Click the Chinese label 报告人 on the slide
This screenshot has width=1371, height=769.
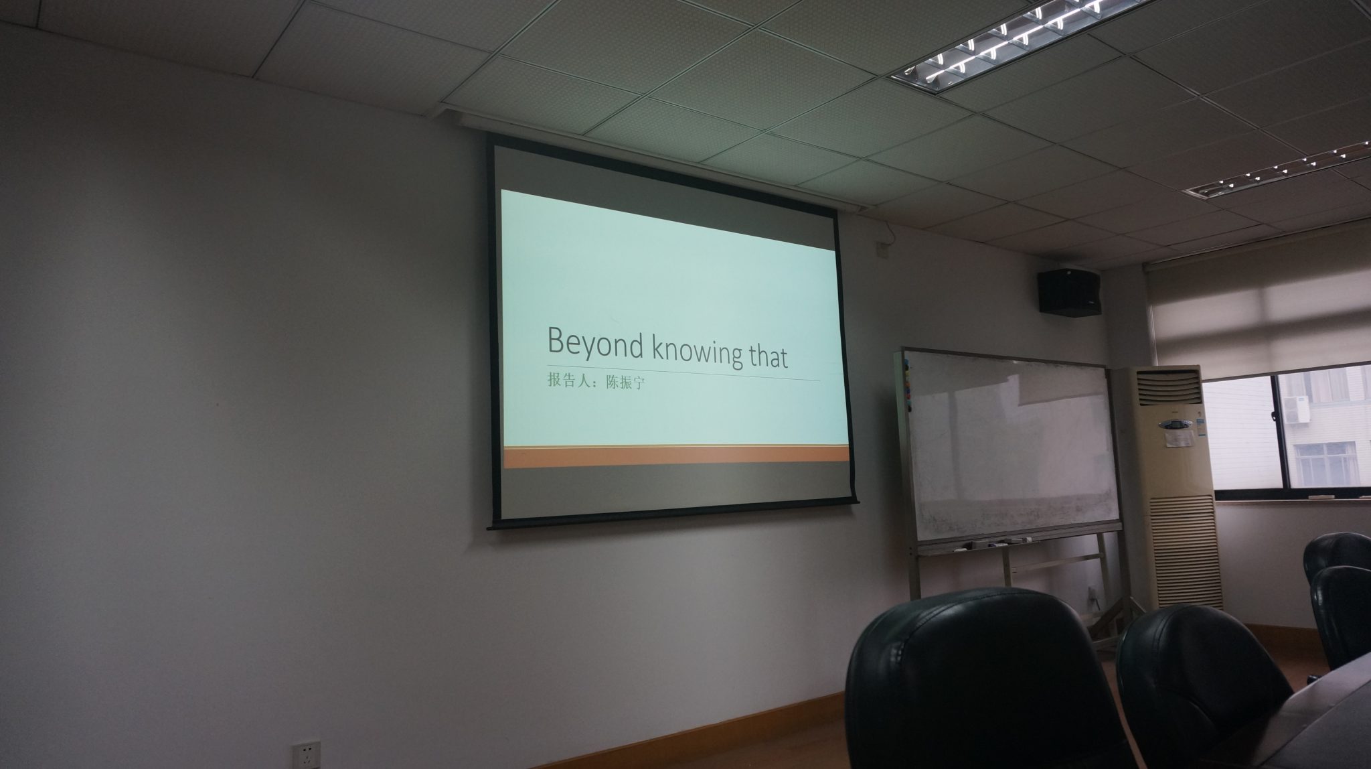click(x=568, y=382)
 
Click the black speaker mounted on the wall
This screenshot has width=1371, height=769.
click(x=1070, y=292)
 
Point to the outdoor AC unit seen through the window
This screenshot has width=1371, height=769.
click(x=1294, y=408)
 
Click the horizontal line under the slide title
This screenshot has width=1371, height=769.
click(x=683, y=374)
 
